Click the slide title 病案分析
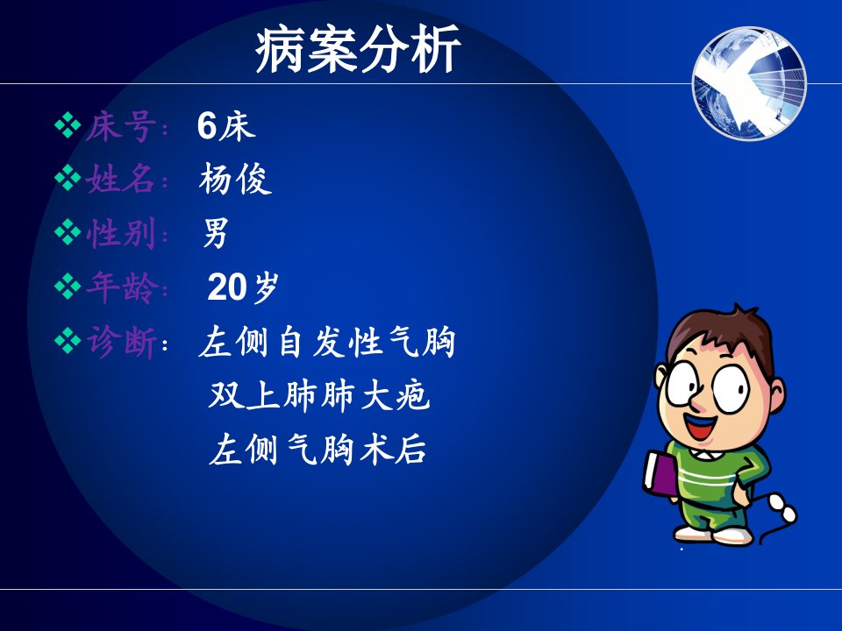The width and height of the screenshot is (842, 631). pyautogui.click(x=358, y=49)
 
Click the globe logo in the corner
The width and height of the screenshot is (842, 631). pyautogui.click(x=750, y=84)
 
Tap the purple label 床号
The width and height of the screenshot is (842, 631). pyautogui.click(x=121, y=127)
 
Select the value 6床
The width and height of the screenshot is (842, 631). pyautogui.click(x=226, y=126)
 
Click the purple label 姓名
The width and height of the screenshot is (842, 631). pyautogui.click(x=121, y=179)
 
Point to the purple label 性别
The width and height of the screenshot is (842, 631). pyautogui.click(x=121, y=233)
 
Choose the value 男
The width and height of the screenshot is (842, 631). pyautogui.click(x=216, y=233)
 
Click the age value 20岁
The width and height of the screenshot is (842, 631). pyautogui.click(x=243, y=287)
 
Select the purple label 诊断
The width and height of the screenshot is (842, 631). pyautogui.click(x=121, y=342)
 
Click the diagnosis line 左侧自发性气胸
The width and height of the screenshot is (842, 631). pyautogui.click(x=327, y=342)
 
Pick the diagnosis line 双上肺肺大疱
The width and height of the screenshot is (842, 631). pyautogui.click(x=319, y=396)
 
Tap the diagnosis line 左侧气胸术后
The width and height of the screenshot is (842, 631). pyautogui.click(x=318, y=450)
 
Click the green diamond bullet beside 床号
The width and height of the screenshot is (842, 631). pyautogui.click(x=68, y=125)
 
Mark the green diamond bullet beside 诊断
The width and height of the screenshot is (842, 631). pyautogui.click(x=68, y=341)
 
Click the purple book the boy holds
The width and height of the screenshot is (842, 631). pyautogui.click(x=660, y=472)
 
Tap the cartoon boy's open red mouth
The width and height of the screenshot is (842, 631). pyautogui.click(x=702, y=426)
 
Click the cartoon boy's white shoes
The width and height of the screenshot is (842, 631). pyautogui.click(x=713, y=534)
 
